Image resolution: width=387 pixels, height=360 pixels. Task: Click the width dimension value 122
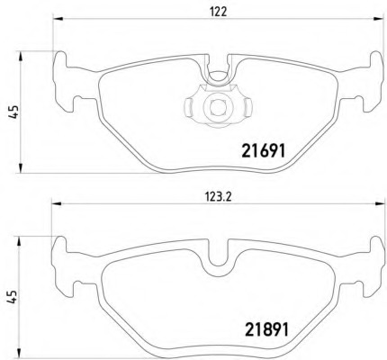click(x=217, y=13)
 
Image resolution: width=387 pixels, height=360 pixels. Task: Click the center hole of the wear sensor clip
click(x=216, y=107)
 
